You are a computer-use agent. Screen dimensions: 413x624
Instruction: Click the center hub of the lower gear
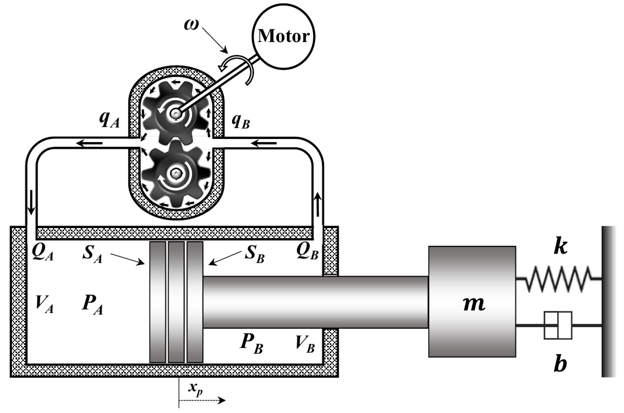tap(175, 173)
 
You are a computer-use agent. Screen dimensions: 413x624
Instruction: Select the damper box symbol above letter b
tap(558, 325)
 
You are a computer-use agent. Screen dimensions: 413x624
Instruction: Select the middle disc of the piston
tap(176, 302)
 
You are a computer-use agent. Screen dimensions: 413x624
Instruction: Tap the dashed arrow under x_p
tap(202, 401)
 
